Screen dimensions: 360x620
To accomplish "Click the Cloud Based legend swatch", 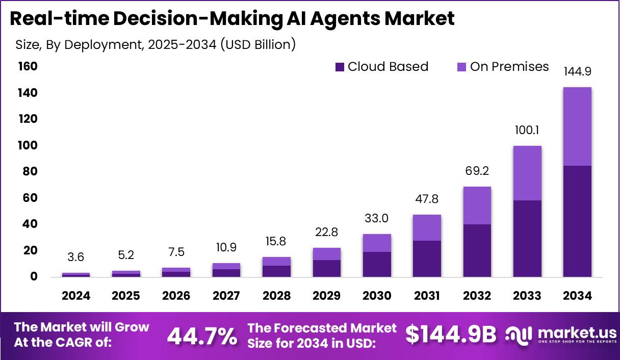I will (340, 67).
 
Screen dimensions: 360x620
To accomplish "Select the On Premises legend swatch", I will (462, 67).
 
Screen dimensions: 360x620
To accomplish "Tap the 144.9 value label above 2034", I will (577, 71).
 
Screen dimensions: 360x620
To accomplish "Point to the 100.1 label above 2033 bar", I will (527, 131).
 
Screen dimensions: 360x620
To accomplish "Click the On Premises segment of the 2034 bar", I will (577, 126).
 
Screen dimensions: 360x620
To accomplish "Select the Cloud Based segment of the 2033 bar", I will (527, 239).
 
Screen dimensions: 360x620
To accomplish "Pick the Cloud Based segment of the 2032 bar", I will (477, 250).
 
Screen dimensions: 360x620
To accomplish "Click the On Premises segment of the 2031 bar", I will (427, 227).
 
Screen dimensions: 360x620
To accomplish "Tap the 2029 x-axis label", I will (327, 296).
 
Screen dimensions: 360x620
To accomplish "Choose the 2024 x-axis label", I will (76, 296).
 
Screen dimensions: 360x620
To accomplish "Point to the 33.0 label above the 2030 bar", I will (377, 219).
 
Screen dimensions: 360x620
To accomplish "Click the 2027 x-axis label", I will (226, 296).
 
